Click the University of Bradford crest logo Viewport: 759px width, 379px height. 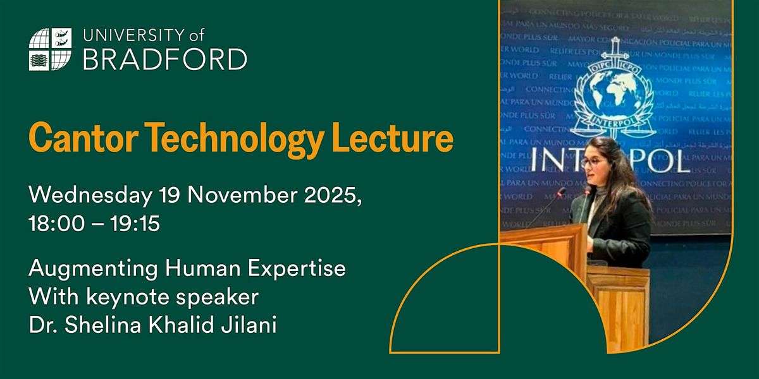[50, 49]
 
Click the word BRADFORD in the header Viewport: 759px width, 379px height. [165, 59]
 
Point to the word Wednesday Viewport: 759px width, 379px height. [88, 196]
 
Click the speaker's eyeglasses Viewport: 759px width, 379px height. [591, 161]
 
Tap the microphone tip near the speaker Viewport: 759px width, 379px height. [561, 190]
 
